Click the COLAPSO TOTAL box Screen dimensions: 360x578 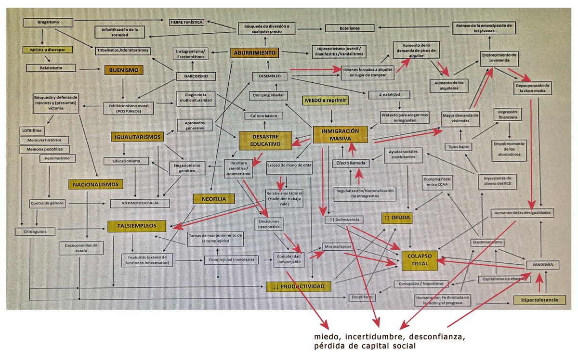pos(418,260)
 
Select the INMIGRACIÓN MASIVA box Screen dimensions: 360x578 pos(340,134)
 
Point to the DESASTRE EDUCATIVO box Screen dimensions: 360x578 pos(265,140)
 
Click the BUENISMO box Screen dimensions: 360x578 pos(124,70)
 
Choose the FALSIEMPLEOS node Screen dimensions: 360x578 pos(137,226)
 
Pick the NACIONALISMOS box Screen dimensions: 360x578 pos(96,184)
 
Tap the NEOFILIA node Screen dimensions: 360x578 pos(213,198)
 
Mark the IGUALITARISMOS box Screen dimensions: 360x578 pos(137,137)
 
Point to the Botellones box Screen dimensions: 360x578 pos(349,28)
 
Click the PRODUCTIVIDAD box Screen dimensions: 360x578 pos(299,287)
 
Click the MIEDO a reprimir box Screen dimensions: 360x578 pos(325,100)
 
